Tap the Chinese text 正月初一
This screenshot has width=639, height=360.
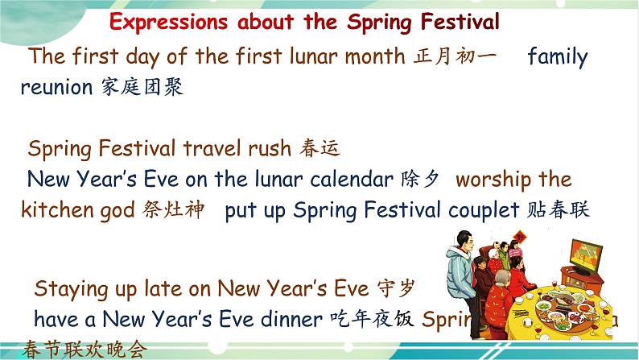(x=456, y=57)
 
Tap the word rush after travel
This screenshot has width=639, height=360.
(x=262, y=149)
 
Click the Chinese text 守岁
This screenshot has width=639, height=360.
(x=398, y=288)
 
